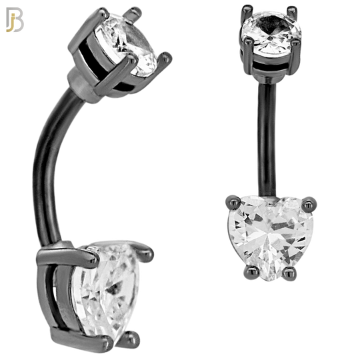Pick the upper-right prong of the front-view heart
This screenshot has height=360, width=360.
click(309, 198)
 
